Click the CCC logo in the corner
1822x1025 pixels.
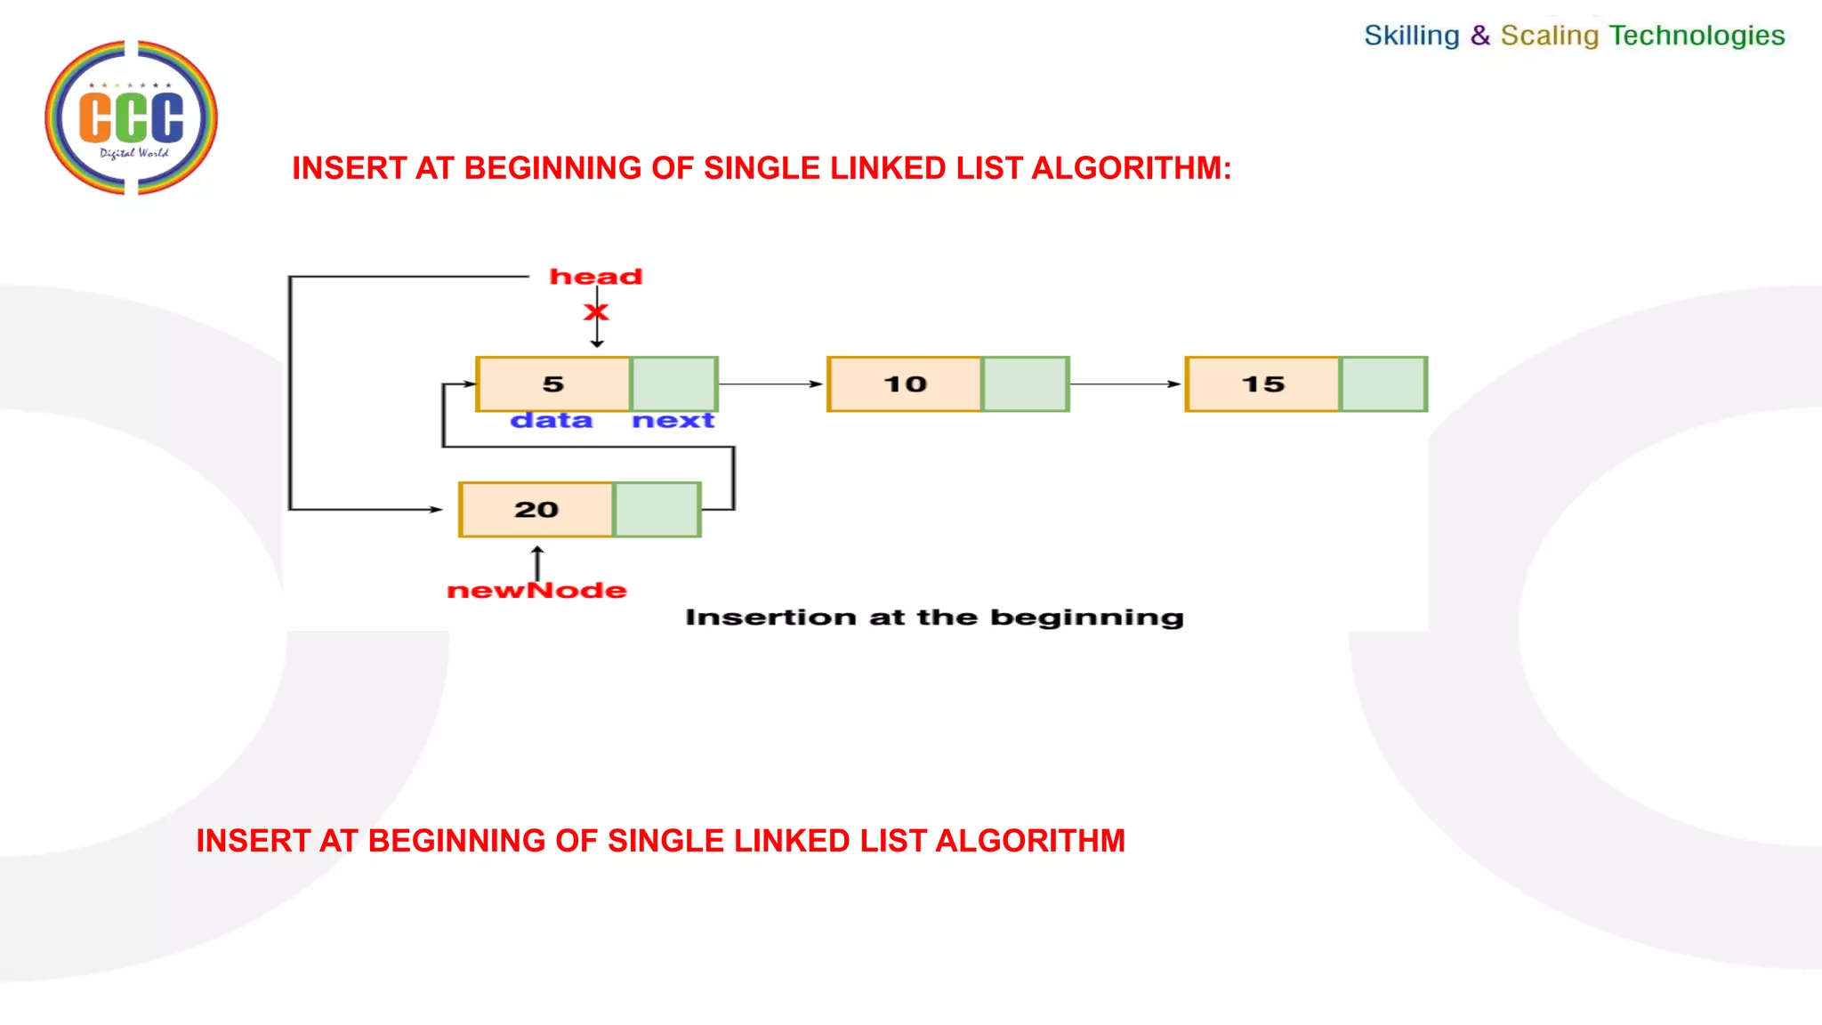point(131,117)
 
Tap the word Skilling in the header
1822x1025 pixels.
point(1411,36)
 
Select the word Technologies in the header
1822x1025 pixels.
point(1697,36)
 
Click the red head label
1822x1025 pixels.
point(595,277)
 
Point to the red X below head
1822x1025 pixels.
point(596,312)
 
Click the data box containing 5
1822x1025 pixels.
point(552,384)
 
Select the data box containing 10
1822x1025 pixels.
point(904,384)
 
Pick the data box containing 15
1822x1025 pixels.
point(1262,384)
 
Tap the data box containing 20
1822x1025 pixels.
point(536,510)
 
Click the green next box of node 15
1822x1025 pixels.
point(1383,384)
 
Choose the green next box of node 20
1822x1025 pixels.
point(657,510)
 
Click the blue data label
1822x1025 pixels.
point(551,420)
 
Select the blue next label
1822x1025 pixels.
point(673,420)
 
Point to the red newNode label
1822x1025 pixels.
point(536,591)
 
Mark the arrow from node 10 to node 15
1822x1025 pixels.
point(1125,384)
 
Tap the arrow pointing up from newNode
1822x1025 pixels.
point(537,561)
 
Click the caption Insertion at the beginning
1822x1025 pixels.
point(934,617)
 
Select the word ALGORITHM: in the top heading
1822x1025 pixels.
point(1131,168)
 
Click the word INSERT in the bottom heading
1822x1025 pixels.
point(253,841)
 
